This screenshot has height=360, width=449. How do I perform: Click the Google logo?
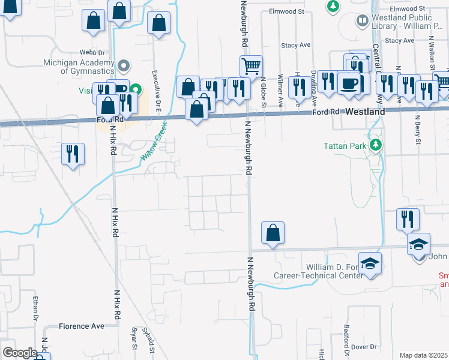point(20,353)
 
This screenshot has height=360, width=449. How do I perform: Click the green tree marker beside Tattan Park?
point(376,145)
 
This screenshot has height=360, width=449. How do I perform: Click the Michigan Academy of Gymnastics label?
point(79,67)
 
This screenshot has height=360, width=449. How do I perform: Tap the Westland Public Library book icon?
point(363,22)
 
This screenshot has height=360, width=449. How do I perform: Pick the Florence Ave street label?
point(82,326)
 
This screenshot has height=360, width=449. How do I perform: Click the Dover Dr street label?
point(364,347)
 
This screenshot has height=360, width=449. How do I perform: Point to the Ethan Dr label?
point(36,308)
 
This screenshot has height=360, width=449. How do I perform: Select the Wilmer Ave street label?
point(280,91)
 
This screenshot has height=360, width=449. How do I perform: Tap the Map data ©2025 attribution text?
point(424,355)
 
